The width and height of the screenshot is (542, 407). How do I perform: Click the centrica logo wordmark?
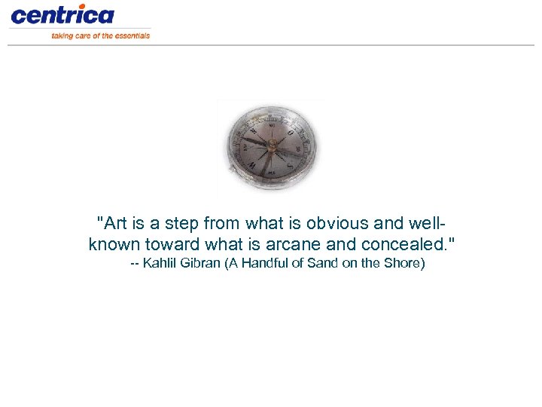pyautogui.click(x=62, y=15)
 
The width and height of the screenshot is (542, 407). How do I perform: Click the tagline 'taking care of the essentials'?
pyautogui.click(x=100, y=35)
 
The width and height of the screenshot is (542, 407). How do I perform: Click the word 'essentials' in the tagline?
pyautogui.click(x=132, y=35)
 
